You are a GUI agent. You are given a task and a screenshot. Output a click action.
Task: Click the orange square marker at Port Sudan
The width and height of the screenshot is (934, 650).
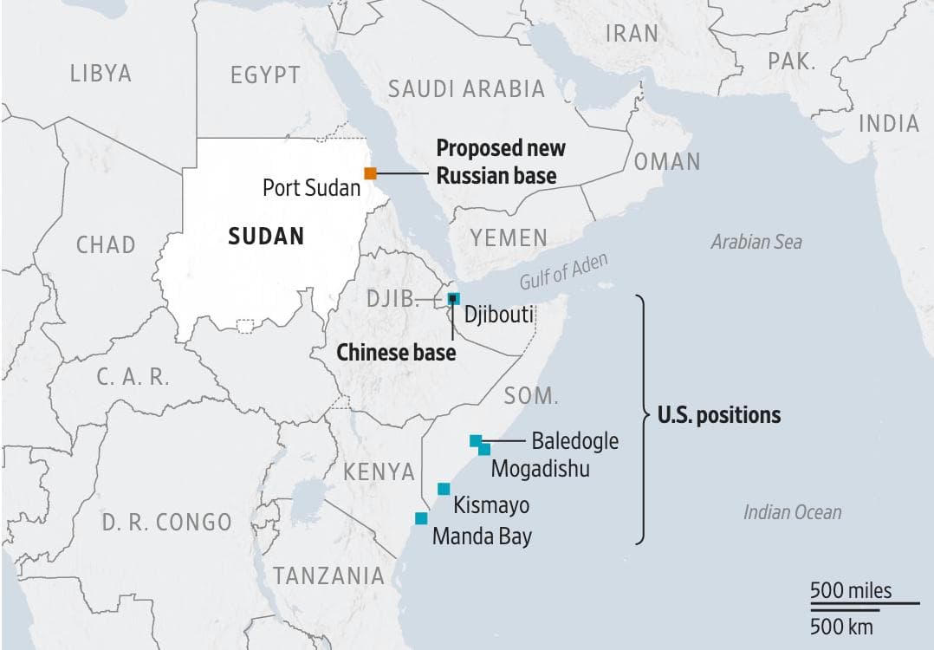[x=370, y=173]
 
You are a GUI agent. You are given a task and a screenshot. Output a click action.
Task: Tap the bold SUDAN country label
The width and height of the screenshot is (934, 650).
[x=266, y=236]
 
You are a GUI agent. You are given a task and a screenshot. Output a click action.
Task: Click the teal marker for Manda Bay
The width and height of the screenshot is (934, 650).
[x=421, y=518]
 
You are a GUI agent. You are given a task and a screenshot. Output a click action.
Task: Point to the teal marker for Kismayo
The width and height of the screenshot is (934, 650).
[x=444, y=489]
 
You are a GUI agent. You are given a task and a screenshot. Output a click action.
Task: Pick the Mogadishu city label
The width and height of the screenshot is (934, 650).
[x=540, y=469]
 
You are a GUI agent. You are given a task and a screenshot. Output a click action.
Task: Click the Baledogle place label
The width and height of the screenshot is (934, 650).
[x=574, y=441]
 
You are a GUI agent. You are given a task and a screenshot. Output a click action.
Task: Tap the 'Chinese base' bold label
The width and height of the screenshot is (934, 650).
[x=395, y=353]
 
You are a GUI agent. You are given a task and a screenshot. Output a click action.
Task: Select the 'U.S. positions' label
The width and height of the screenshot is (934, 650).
[x=718, y=415]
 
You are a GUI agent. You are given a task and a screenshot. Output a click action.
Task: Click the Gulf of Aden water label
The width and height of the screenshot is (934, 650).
[x=564, y=272]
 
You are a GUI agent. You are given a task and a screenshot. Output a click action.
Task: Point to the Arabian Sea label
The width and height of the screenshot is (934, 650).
[x=756, y=242]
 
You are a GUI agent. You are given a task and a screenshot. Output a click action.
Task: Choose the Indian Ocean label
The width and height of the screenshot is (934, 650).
[x=792, y=512]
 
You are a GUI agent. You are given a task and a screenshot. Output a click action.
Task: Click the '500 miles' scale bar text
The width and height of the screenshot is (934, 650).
[x=851, y=591]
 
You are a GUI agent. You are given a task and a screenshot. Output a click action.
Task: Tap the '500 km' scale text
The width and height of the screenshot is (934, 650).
[x=841, y=626]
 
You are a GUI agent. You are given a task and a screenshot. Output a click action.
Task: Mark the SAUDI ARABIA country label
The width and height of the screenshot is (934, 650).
[x=466, y=88]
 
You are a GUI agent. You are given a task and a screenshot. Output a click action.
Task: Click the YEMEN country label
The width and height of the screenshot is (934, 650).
[x=509, y=237]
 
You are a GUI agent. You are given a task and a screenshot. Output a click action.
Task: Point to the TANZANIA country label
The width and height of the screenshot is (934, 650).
[x=328, y=575]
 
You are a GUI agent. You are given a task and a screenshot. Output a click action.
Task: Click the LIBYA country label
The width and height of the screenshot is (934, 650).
[x=101, y=74]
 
